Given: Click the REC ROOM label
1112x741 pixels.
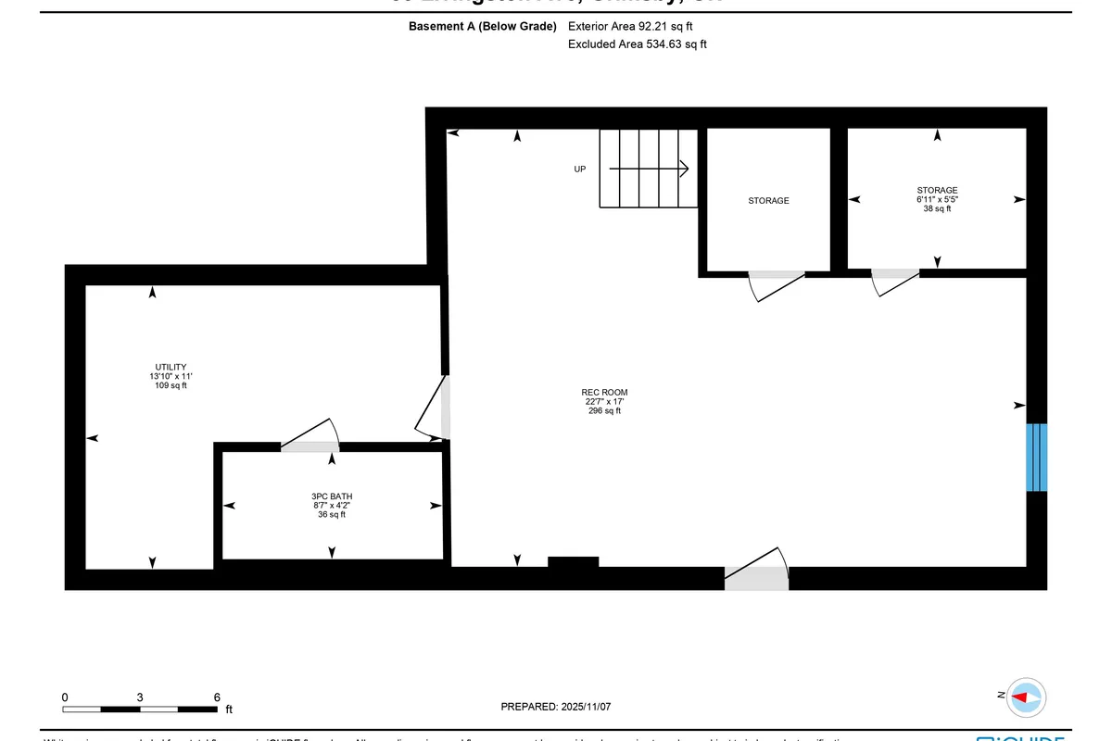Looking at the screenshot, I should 605,393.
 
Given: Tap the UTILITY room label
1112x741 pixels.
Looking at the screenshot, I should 171,367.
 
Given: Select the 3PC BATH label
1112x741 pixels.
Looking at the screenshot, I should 332,496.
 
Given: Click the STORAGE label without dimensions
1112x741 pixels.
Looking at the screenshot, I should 768,201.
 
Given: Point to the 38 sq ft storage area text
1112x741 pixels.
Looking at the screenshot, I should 937,209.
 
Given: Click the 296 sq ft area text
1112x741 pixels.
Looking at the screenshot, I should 605,411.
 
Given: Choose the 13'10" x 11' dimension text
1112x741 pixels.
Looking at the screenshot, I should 171,376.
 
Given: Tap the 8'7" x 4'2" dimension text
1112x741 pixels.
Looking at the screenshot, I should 332,506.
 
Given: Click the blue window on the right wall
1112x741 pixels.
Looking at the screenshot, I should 1036,458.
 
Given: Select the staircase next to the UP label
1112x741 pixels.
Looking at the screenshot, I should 648,169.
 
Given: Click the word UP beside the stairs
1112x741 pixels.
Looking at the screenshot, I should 580,170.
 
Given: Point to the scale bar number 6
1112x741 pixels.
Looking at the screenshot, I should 216,697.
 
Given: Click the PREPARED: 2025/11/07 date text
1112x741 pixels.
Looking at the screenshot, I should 556,707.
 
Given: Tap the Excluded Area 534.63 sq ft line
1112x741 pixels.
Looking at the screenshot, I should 637,44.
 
